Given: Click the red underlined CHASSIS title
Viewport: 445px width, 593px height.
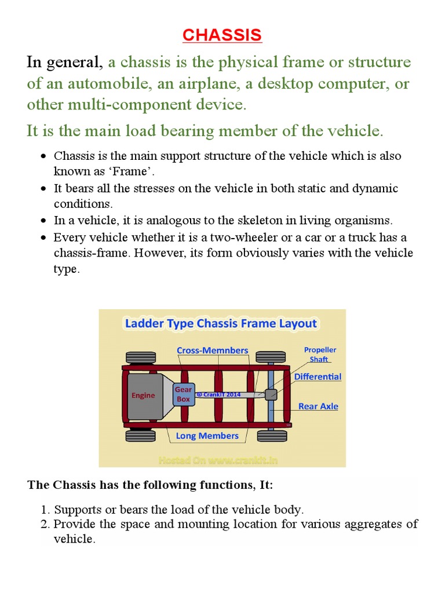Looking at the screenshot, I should (222, 35).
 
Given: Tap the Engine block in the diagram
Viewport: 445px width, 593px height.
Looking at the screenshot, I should (143, 396).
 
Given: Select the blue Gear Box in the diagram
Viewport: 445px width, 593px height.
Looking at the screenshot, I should (183, 394).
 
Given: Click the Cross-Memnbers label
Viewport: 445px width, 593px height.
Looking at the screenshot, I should (212, 350).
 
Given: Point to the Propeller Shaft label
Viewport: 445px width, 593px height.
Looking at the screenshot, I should (320, 354).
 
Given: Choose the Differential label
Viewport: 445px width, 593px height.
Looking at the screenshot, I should (318, 376).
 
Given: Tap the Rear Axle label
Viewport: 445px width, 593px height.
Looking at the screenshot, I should (318, 406).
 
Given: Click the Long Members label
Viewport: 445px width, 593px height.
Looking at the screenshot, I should (207, 435).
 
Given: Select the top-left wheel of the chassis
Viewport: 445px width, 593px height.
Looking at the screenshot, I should (140, 357).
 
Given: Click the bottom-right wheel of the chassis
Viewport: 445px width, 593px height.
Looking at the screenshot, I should (271, 435).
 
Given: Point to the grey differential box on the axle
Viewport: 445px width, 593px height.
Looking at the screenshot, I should (271, 395).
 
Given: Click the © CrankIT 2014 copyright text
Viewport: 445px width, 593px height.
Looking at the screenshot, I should (218, 394).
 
